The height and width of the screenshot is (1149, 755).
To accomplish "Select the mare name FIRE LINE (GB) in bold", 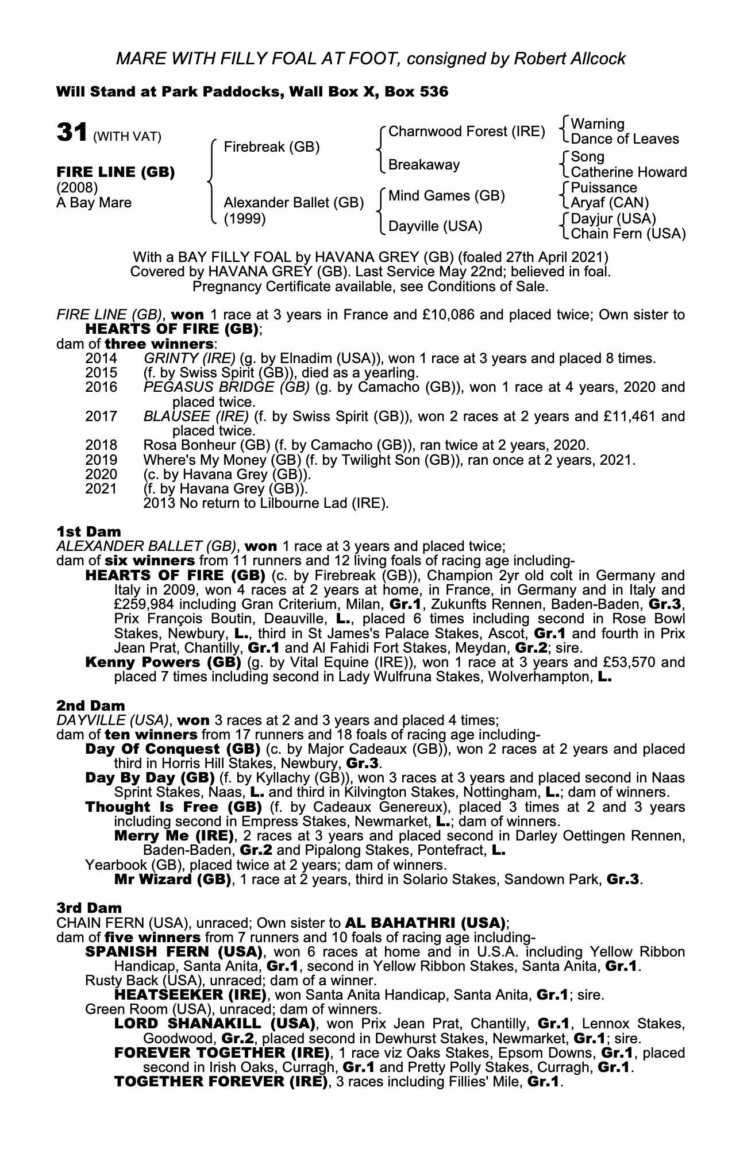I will pos(115,172).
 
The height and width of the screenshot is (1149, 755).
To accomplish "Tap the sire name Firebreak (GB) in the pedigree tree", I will pos(271,147).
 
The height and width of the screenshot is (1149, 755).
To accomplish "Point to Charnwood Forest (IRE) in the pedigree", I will pos(467,132).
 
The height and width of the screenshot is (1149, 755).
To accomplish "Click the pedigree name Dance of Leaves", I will pos(625,139).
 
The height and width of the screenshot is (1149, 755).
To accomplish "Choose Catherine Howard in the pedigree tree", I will pos(629,172).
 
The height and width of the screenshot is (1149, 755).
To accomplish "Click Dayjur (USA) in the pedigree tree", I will pos(613,218).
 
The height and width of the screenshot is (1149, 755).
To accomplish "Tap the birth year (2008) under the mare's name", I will pos(77,188).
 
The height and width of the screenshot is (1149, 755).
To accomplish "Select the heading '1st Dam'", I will pos(88,532).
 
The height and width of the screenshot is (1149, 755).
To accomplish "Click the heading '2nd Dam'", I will pos(90,705).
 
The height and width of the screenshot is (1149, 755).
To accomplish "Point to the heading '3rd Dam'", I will pos(89,908).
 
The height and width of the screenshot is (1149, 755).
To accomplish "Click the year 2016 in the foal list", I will pos(101,387).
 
